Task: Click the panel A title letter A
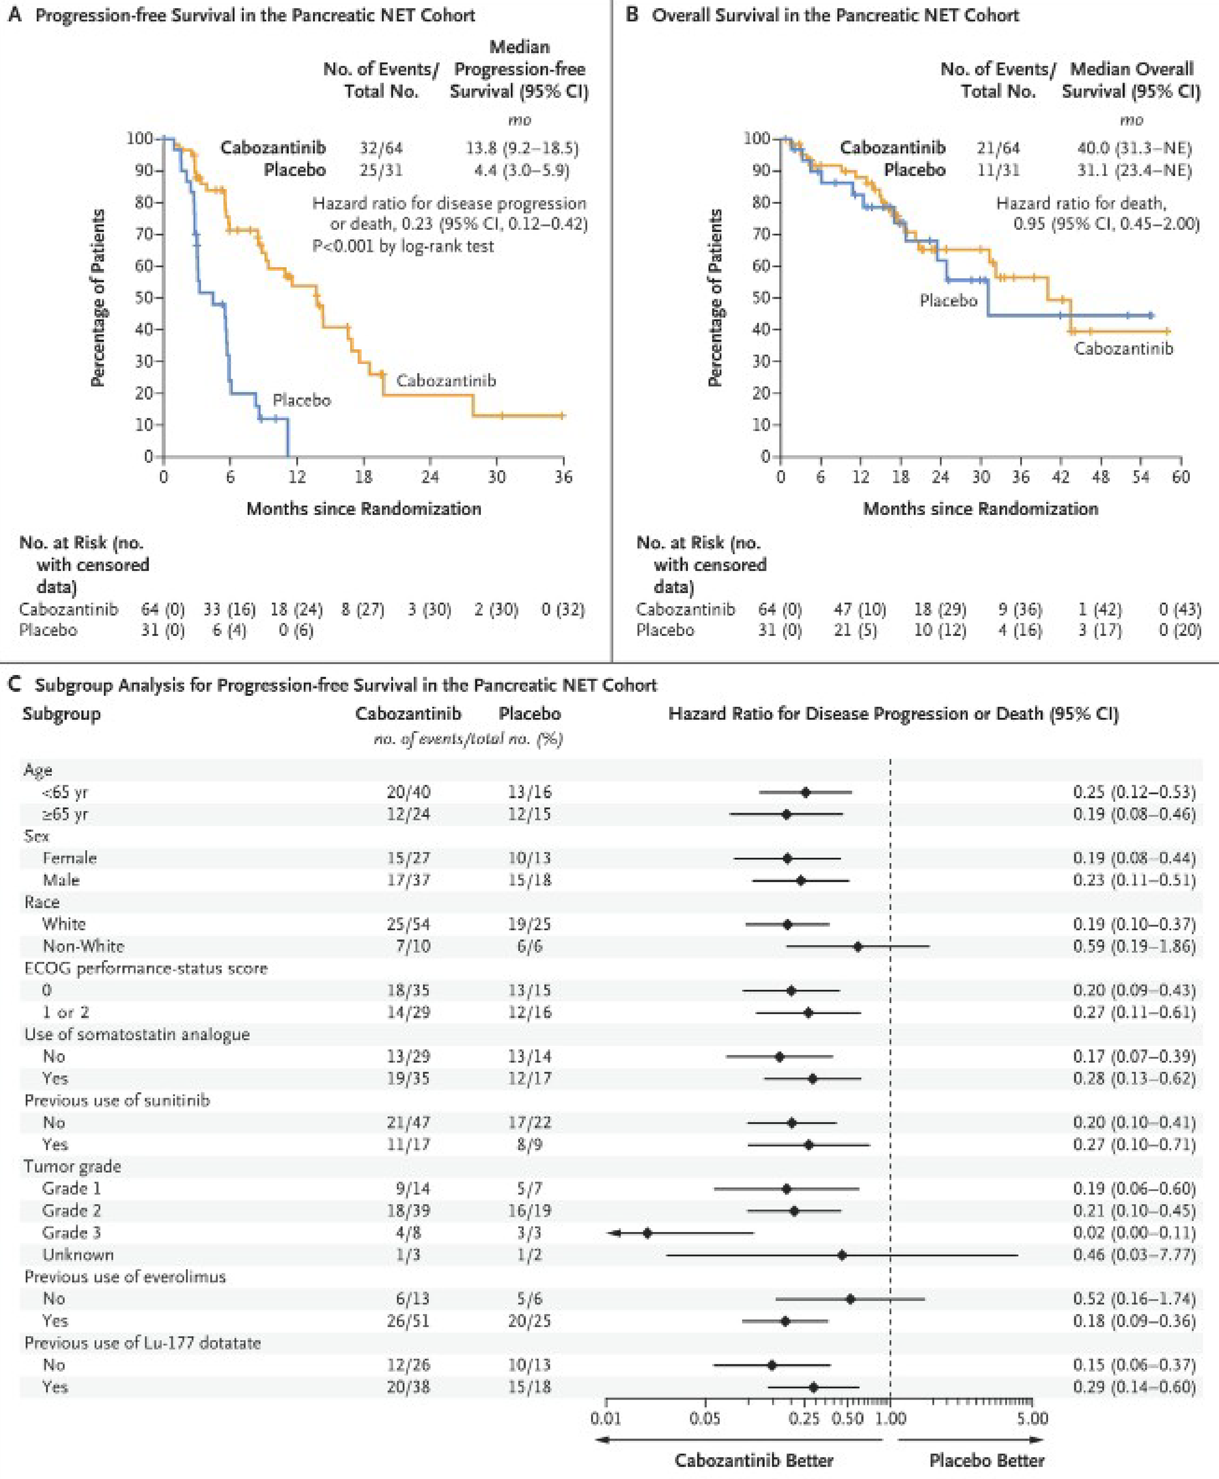tap(14, 15)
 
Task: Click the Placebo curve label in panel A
tap(301, 400)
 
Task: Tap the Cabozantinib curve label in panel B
tap(1123, 348)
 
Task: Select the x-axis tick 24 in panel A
tap(430, 477)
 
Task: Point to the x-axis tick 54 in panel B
tap(1141, 477)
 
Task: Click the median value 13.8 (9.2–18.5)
tap(522, 148)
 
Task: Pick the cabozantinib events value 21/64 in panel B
tap(998, 148)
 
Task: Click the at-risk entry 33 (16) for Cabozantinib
tap(229, 609)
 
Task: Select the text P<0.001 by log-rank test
tap(403, 246)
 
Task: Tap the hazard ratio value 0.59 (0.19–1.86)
tap(1133, 946)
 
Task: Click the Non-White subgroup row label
tap(83, 946)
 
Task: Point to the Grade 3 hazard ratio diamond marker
tap(647, 1232)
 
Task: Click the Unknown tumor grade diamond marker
tap(842, 1254)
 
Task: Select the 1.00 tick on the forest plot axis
tap(891, 1418)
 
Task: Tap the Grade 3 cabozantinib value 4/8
tap(408, 1232)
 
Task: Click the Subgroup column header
tap(61, 713)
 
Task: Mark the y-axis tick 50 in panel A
tap(144, 297)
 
